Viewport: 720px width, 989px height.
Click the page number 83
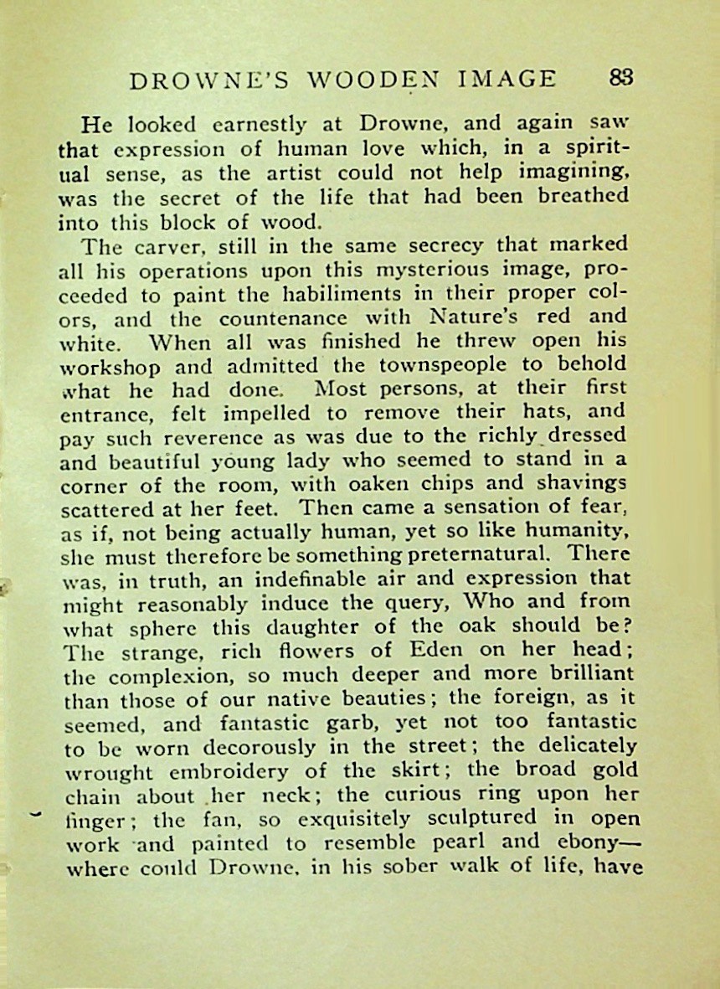click(621, 78)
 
